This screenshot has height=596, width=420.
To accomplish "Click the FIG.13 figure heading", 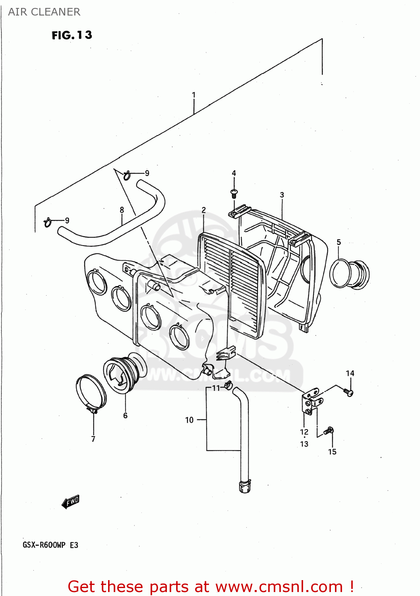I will [x=72, y=35].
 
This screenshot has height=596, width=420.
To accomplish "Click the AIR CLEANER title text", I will [x=44, y=12].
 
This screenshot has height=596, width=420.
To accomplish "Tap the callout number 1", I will [x=194, y=95].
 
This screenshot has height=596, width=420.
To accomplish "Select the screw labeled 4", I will [x=234, y=194].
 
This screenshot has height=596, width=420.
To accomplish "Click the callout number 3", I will [x=282, y=195].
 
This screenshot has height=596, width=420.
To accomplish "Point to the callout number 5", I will [x=339, y=242].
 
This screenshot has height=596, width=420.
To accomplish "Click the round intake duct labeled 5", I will [x=349, y=274].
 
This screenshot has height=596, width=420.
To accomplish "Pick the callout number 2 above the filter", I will [x=203, y=210].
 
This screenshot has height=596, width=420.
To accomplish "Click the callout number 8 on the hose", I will [x=122, y=209].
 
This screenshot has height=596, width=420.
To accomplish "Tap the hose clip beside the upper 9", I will [x=127, y=175].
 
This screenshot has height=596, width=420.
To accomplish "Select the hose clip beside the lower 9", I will [x=48, y=223].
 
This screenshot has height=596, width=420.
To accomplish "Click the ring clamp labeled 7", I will [x=91, y=393].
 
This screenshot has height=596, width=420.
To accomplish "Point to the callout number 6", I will [x=125, y=416].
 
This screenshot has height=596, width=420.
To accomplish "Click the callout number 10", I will [x=189, y=420].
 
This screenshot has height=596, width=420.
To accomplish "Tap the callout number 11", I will [x=216, y=388].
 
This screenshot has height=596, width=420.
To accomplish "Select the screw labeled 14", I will [x=348, y=392].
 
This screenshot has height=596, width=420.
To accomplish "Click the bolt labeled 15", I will [x=329, y=431].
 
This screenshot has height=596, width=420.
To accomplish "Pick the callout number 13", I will [x=304, y=444].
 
